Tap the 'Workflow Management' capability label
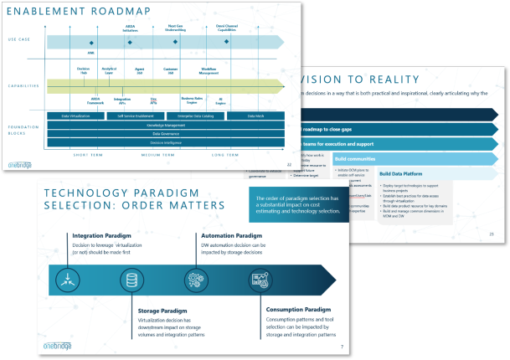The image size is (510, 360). (209, 70)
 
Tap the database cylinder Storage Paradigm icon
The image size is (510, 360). (131, 279)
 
